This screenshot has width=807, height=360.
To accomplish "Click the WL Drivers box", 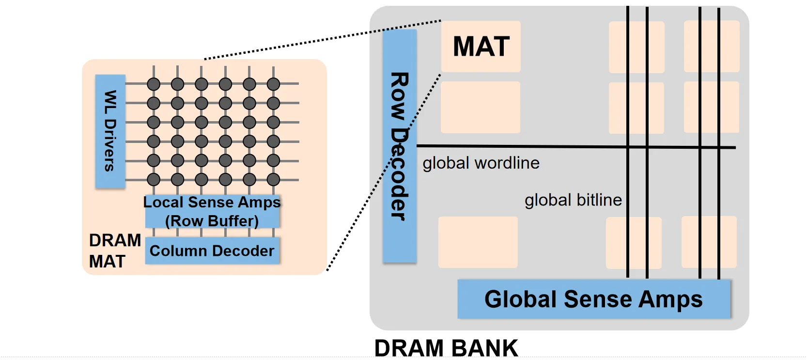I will [110, 131].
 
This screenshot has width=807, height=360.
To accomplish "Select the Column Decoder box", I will [212, 251].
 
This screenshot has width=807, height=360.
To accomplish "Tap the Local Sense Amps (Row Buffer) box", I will [212, 212].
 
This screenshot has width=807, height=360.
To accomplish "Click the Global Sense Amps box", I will [593, 299].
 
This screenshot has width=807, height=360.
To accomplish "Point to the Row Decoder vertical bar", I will [400, 145].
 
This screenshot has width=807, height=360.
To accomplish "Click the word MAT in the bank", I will [481, 47].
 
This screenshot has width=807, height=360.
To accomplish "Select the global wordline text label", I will [481, 163].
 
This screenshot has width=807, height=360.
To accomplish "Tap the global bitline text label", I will [573, 200].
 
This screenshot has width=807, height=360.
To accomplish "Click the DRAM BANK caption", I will [446, 348].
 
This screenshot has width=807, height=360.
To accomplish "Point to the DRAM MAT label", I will [115, 250].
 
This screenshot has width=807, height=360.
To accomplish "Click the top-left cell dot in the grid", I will [154, 84].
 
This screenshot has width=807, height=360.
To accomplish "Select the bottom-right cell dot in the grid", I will [273, 180].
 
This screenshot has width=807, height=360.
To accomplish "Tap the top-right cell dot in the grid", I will [273, 84].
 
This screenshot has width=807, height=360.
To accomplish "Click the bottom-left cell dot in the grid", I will [154, 180].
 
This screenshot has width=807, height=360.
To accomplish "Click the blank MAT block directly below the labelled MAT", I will [481, 107].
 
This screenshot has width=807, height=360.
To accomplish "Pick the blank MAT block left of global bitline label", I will [478, 242].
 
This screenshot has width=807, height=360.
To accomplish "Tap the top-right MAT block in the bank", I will [712, 47].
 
